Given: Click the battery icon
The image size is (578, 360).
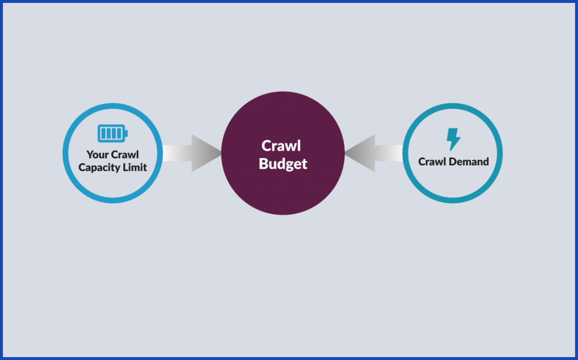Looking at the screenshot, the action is [113, 133].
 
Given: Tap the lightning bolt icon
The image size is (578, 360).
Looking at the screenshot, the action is [453, 139].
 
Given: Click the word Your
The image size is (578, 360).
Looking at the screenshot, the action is [98, 154].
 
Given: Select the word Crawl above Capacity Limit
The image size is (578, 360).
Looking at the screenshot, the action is [125, 154].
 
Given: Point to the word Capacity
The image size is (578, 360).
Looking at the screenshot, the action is [101, 168].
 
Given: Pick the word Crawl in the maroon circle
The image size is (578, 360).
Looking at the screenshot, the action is [281, 146].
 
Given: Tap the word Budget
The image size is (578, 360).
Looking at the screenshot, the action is [283, 164].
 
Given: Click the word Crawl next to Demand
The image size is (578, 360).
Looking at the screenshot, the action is [432, 162].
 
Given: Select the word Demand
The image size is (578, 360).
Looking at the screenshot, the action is [469, 162].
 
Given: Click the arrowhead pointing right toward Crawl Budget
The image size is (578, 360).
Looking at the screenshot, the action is [207, 153].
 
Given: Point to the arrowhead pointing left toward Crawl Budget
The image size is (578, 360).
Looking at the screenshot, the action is [360, 153].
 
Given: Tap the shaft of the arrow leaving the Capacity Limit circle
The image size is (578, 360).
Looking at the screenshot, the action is [177, 153].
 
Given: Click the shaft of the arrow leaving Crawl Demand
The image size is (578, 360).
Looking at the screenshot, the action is [389, 153].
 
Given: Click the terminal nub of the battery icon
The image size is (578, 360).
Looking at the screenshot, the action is [127, 133].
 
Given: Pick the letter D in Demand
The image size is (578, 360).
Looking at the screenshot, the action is [453, 162].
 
